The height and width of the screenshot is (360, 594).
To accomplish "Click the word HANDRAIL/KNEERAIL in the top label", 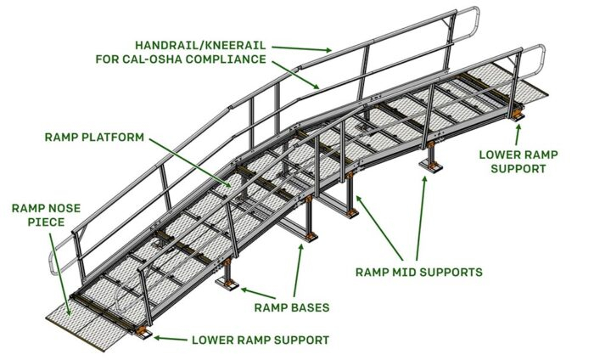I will pos(194,43).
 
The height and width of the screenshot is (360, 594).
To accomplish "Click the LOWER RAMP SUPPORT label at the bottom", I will pos(260,340).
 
